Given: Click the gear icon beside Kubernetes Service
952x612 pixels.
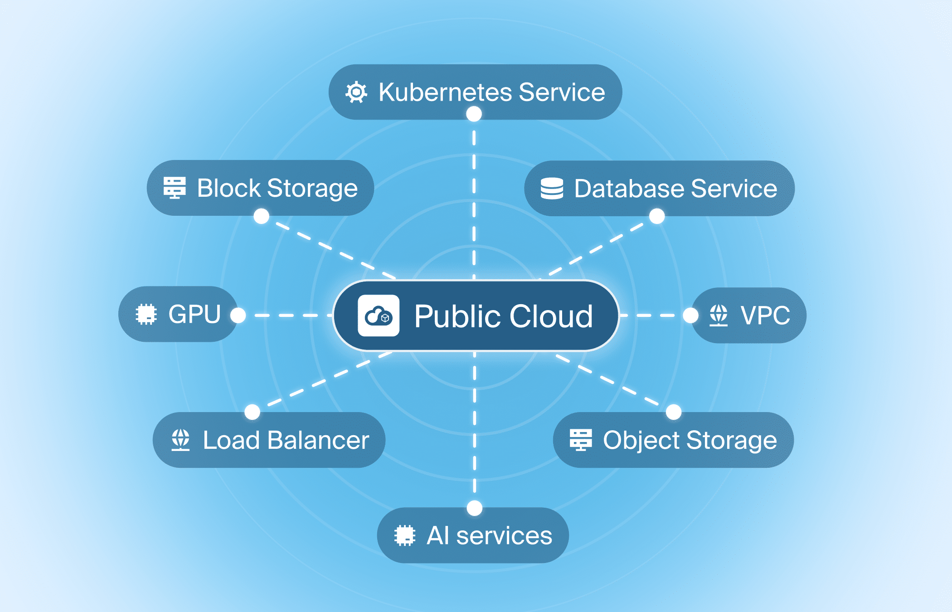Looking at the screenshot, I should coord(356,92).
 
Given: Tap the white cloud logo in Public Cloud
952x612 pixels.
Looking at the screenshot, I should coord(379,316).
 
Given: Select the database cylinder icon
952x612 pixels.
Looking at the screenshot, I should coord(552,188).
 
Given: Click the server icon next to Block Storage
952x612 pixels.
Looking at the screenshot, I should coord(175,188).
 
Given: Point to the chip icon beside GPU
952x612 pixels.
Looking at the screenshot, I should coord(146,314).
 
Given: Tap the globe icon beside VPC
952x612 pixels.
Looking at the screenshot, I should coord(719,315).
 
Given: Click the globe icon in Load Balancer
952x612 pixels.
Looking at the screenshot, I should coord(180,440).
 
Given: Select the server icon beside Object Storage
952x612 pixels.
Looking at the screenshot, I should coord(581,440).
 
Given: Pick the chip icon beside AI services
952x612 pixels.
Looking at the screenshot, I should coord(404,535).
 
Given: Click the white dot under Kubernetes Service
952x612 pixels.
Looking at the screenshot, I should coord(474,114).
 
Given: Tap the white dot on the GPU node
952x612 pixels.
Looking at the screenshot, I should coord(238,315).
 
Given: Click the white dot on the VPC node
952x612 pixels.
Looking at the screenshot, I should coord(690,315).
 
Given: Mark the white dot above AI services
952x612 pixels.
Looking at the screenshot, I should coord(474,508).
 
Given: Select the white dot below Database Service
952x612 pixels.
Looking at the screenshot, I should coord(657,216).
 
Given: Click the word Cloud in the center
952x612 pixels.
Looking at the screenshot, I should coord(551,316).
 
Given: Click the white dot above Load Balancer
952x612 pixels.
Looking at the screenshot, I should coord(252,412).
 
